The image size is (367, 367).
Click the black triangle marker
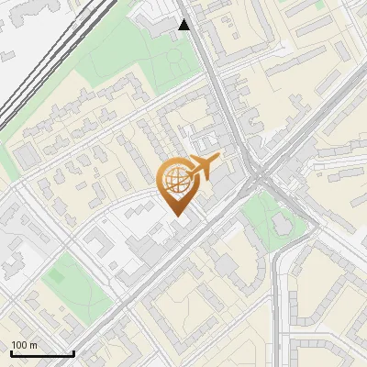(x=184, y=25)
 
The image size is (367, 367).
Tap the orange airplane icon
(x=203, y=167)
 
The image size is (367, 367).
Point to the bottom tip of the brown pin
(x=178, y=216)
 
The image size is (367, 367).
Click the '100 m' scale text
(x=24, y=345)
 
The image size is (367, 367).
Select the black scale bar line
(x=41, y=353)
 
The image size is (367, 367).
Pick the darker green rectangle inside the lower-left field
(x=60, y=272)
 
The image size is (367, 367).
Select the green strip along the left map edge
(x=7, y=165)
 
